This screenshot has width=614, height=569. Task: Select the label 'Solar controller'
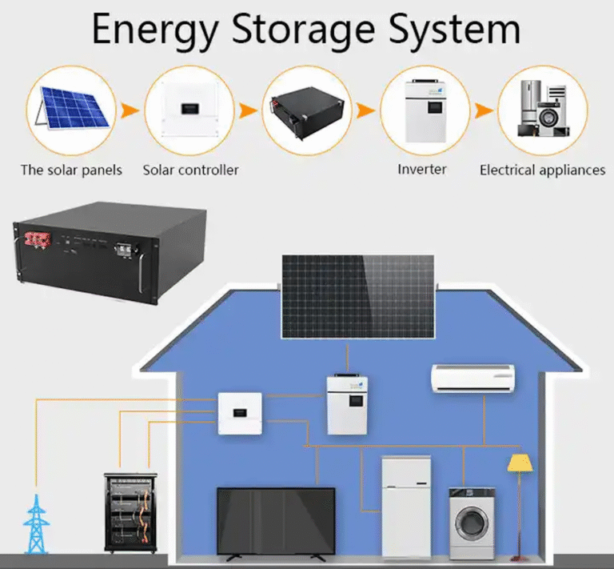tap(190, 170)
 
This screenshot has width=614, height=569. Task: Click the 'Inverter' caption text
tap(422, 169)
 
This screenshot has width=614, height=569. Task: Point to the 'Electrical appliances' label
tap(542, 170)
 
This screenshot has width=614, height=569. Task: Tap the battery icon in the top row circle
tap(308, 110)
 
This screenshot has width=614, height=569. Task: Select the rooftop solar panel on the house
tap(357, 297)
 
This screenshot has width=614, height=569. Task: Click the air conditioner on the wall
tap(472, 378)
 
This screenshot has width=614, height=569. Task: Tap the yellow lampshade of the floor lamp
tap(520, 462)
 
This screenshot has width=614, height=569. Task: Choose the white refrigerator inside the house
tap(406, 506)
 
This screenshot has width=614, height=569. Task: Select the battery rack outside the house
tap(130, 512)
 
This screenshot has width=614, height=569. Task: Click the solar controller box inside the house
tap(241, 411)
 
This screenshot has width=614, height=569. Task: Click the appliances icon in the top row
tap(543, 108)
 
